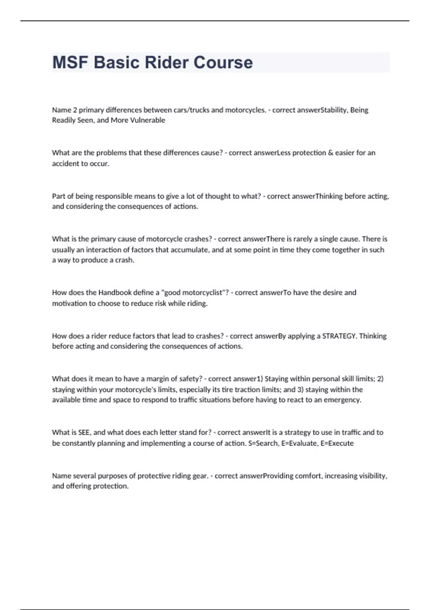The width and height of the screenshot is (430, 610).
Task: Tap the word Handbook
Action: click(115, 293)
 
